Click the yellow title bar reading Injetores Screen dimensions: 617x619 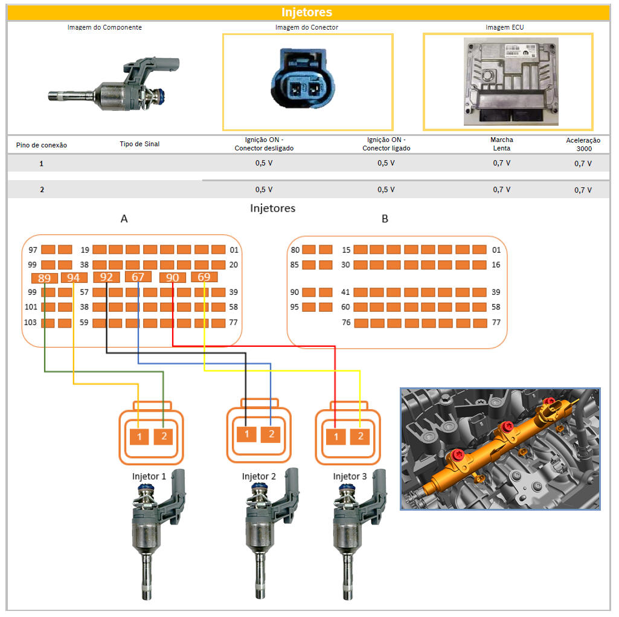[x=307, y=13]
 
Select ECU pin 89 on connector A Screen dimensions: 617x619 [x=44, y=279]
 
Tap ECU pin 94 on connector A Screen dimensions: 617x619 [x=73, y=278]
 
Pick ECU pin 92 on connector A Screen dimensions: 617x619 [x=106, y=277]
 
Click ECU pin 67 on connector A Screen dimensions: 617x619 [x=138, y=277]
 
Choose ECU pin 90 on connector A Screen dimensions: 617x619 [x=172, y=278]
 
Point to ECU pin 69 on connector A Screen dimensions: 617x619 [x=204, y=277]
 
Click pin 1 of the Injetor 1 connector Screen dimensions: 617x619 [x=140, y=436]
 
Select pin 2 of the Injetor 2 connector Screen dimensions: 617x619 [x=271, y=434]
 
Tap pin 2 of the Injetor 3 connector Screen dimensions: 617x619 [x=361, y=436]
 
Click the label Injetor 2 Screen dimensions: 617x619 [x=259, y=477]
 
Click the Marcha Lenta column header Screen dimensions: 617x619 [x=501, y=144]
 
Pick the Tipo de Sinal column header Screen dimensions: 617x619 [x=140, y=144]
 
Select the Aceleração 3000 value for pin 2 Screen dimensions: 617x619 [x=583, y=190]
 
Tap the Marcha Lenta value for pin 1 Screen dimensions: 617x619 [x=501, y=163]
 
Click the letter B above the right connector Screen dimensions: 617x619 [x=385, y=219]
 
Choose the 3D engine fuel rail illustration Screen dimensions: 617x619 [x=500, y=449]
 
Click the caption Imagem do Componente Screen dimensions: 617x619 [x=104, y=28]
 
